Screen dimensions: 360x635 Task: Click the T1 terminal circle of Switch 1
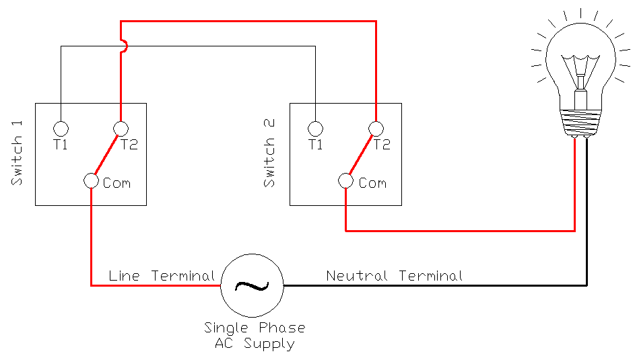click(x=61, y=128)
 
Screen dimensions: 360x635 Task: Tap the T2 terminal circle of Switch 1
click(x=121, y=128)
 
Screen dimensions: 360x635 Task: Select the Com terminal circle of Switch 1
click(x=92, y=181)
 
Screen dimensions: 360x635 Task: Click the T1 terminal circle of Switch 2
click(x=314, y=128)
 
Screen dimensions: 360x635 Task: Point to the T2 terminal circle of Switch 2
click(x=376, y=128)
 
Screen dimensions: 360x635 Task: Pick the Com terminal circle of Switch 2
click(x=345, y=181)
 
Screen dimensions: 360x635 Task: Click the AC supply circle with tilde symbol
click(x=253, y=285)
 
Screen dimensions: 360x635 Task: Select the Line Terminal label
click(x=162, y=276)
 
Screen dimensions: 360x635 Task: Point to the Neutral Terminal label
click(x=395, y=276)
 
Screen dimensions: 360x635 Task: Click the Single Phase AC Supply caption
click(x=255, y=336)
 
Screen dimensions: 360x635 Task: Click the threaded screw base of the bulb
click(x=580, y=121)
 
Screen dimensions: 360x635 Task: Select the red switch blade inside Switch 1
click(x=106, y=154)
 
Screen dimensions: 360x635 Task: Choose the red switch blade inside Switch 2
click(x=360, y=154)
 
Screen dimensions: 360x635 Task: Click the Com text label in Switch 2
click(x=372, y=182)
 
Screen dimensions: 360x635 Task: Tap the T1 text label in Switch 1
click(x=61, y=144)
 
